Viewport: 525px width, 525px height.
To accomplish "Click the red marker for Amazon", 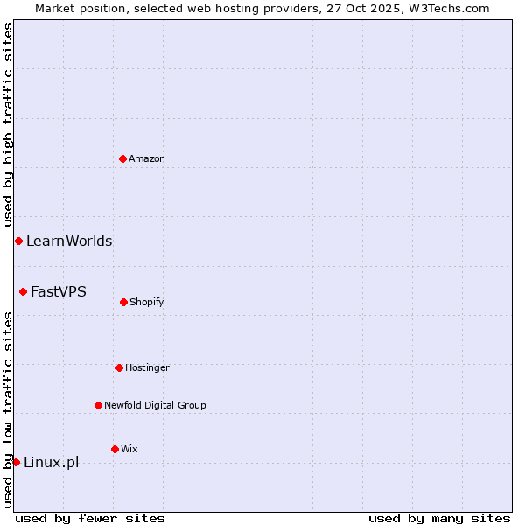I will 122,158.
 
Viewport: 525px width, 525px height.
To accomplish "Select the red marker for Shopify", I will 123,302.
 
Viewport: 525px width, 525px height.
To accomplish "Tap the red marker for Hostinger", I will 119,367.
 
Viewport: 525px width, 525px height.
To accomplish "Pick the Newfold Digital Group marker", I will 98,405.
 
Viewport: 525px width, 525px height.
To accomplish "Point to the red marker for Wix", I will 115,449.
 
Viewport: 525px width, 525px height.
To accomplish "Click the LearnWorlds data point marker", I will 18,241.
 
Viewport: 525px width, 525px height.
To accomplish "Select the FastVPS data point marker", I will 23,291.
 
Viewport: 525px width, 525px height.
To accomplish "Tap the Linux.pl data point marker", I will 16,462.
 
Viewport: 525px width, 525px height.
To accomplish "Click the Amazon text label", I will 147,158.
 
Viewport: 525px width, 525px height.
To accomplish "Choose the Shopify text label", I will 147,302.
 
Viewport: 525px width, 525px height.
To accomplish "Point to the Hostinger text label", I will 147,367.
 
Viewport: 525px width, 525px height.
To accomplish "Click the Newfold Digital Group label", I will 155,405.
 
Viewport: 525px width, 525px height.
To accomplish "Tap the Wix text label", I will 129,449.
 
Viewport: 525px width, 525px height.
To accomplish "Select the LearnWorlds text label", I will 69,241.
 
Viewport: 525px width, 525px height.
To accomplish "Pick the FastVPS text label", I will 59,291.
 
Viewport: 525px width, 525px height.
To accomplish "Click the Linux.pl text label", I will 51,462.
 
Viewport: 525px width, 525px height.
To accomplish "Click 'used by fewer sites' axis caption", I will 90,518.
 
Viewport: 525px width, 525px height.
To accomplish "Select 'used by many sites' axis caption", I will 439,518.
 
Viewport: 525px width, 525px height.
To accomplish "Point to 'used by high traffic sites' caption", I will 8,125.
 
